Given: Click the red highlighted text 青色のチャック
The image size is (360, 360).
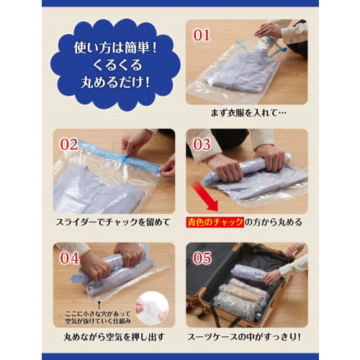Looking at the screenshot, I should tap(214, 222).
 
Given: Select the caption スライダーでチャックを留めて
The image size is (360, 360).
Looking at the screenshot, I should tap(114, 222).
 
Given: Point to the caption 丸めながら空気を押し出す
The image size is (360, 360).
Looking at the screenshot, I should tap(114, 335).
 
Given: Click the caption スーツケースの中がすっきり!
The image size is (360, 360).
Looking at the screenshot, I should tap(247, 335).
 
